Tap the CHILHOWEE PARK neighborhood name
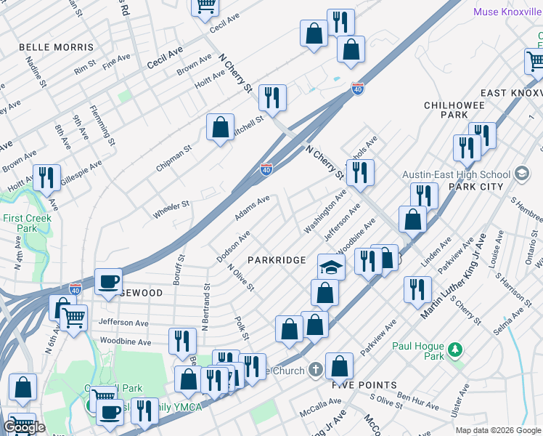455,110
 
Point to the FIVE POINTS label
364,385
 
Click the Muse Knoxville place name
506,12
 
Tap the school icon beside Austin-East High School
521,174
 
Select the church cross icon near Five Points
314,370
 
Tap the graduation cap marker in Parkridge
331,267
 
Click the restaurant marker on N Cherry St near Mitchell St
272,97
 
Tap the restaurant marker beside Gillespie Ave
46,177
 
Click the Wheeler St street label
171,209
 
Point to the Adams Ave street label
252,208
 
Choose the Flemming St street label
103,125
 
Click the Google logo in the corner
24,427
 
